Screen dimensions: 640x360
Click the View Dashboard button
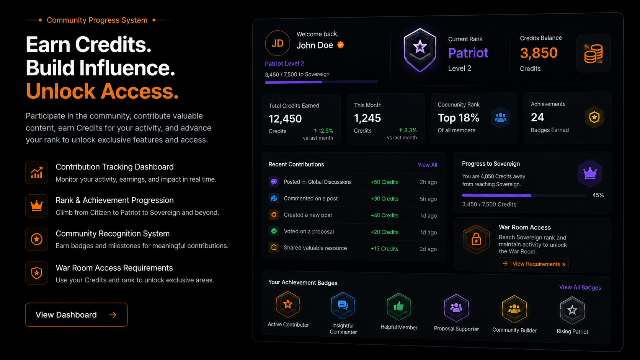tap(76, 314)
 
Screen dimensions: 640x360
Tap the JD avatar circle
tap(277, 43)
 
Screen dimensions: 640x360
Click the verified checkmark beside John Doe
tap(340, 45)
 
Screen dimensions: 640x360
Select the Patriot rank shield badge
tap(420, 50)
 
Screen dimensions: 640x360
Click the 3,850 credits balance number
tap(539, 53)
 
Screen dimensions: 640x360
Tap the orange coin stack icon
tap(593, 54)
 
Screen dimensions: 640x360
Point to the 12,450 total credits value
tap(285, 119)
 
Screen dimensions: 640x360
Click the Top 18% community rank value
tap(458, 117)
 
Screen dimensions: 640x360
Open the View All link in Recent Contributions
tap(427, 165)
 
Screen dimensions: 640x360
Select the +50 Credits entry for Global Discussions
tap(384, 182)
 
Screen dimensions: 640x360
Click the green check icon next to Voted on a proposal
tap(274, 231)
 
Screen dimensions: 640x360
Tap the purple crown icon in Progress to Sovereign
tap(590, 173)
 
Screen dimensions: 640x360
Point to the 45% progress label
tap(598, 195)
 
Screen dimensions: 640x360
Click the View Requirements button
tap(534, 264)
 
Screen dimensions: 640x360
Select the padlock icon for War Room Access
tap(476, 239)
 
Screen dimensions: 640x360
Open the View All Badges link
tap(580, 287)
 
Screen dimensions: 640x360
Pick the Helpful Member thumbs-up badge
tap(399, 307)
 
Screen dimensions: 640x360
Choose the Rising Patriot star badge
tap(572, 310)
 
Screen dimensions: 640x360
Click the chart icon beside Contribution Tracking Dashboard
tap(37, 173)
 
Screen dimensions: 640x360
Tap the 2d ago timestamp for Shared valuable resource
tap(428, 249)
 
